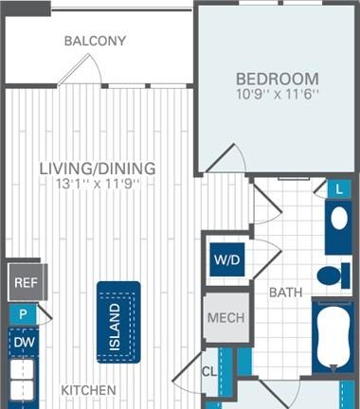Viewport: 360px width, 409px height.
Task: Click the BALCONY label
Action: [x=95, y=41]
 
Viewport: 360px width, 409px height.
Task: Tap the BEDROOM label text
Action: [x=278, y=79]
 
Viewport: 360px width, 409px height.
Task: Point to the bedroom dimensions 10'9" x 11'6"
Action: [x=278, y=94]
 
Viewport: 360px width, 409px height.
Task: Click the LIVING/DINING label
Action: [x=98, y=169]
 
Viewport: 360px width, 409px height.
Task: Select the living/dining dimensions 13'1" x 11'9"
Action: [x=98, y=184]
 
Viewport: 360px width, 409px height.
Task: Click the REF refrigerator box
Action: [x=27, y=282]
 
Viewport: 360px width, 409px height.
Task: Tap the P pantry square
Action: [x=23, y=314]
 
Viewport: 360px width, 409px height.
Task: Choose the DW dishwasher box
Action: [x=23, y=343]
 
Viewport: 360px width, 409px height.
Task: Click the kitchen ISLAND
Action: [x=118, y=322]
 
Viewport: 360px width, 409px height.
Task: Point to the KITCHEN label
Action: [x=89, y=390]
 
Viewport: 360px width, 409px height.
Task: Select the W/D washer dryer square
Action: [x=227, y=259]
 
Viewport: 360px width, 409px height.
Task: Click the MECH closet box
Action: [x=226, y=317]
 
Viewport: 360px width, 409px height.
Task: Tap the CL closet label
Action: [x=209, y=372]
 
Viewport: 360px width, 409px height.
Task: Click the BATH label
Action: [x=286, y=293]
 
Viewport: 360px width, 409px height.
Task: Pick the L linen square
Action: [x=339, y=188]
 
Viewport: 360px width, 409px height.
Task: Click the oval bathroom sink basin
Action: [x=339, y=218]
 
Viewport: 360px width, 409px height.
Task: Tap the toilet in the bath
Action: [x=333, y=276]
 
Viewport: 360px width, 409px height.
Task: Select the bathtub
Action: [x=333, y=337]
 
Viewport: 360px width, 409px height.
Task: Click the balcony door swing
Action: [x=81, y=69]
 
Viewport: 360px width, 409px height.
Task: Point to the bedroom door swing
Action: [x=226, y=158]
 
